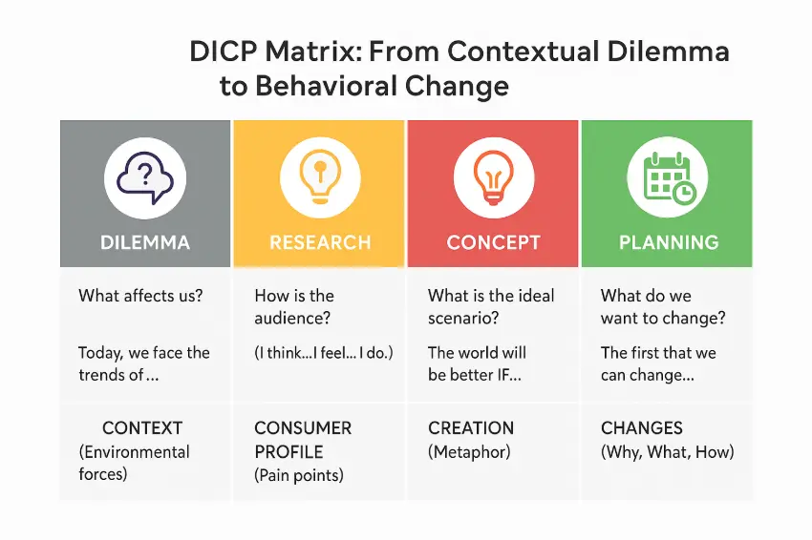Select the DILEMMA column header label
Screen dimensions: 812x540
[x=145, y=242]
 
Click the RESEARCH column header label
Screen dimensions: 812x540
[x=320, y=242]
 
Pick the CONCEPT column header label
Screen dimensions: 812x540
[x=494, y=242]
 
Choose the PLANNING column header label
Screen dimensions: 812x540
[x=669, y=242]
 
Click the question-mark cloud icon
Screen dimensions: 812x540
[x=145, y=177]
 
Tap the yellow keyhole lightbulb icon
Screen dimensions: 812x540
[x=320, y=176]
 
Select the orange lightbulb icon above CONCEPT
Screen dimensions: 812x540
[x=494, y=177]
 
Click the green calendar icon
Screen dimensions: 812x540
[x=669, y=177]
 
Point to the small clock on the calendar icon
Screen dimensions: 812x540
[x=685, y=192]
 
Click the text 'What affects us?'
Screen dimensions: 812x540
[x=140, y=296]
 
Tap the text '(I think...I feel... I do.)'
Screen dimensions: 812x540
[x=324, y=353]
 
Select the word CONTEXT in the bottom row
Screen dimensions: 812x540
[x=142, y=428]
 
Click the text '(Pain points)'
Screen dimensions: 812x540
[x=299, y=475]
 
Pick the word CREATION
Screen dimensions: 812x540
[x=471, y=428]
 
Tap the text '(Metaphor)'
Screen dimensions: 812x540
[x=469, y=452]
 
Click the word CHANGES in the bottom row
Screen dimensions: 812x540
[x=642, y=428]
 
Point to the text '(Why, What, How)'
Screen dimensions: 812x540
[x=668, y=452]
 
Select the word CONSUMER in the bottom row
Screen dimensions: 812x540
[x=303, y=428]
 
